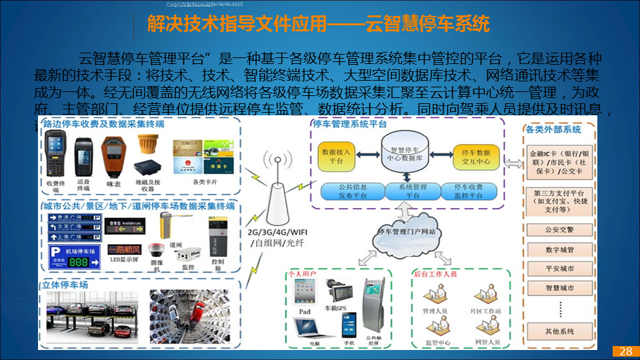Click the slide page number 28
(625, 351)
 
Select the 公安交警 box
(559, 230)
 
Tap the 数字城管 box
(559, 250)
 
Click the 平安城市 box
(559, 269)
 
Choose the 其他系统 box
(559, 331)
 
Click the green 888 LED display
(79, 262)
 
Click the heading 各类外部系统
(553, 129)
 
